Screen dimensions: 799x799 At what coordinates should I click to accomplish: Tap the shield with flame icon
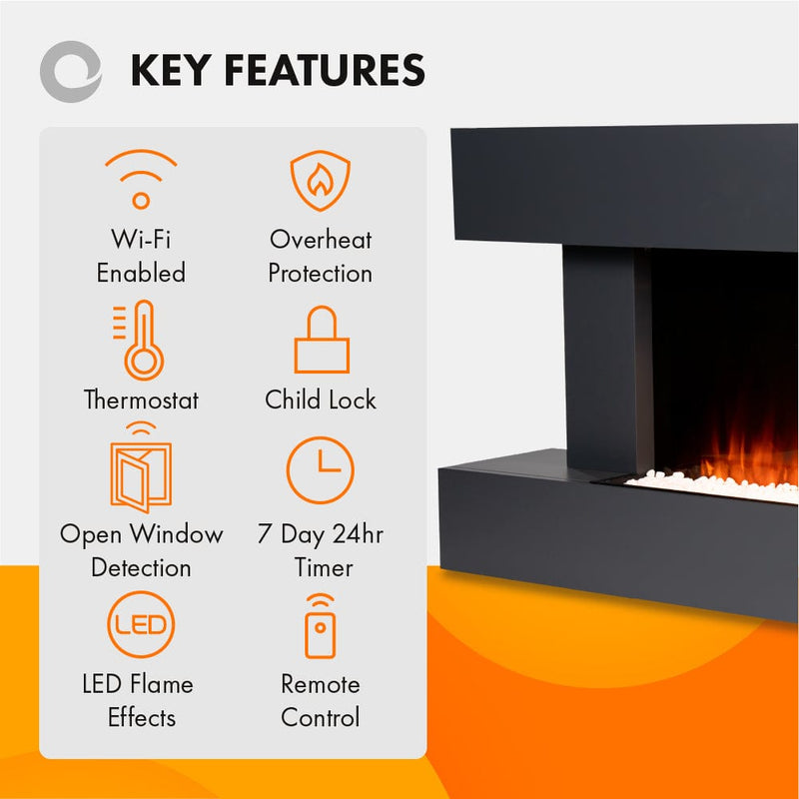(x=320, y=181)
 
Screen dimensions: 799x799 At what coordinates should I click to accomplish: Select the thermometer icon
(x=141, y=340)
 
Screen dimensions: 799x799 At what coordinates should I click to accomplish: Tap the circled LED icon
(x=141, y=626)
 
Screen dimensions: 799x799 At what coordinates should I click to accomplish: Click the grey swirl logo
(x=69, y=71)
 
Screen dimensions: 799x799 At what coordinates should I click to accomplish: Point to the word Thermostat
(x=141, y=400)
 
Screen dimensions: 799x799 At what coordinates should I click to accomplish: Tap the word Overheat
(x=321, y=240)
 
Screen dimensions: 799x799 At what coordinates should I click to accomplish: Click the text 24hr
(x=358, y=534)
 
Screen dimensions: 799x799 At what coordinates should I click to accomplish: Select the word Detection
(x=141, y=568)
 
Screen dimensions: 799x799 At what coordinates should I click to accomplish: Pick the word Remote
(x=321, y=685)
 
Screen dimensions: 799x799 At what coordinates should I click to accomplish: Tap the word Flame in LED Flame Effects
(x=160, y=685)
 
